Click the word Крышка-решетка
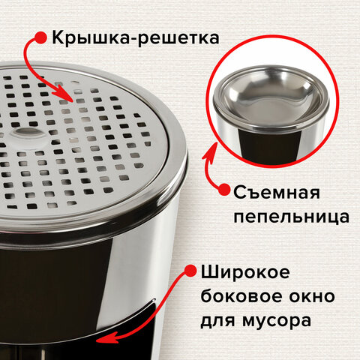tap(136, 38)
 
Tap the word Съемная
tap(277, 193)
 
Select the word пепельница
tap(292, 217)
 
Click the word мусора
tap(277, 321)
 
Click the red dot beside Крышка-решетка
tap(40, 37)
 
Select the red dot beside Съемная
tap(223, 189)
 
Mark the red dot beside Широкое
tap(190, 271)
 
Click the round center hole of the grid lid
tap(28, 133)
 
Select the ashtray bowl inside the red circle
tap(271, 95)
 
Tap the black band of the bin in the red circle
tap(269, 145)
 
